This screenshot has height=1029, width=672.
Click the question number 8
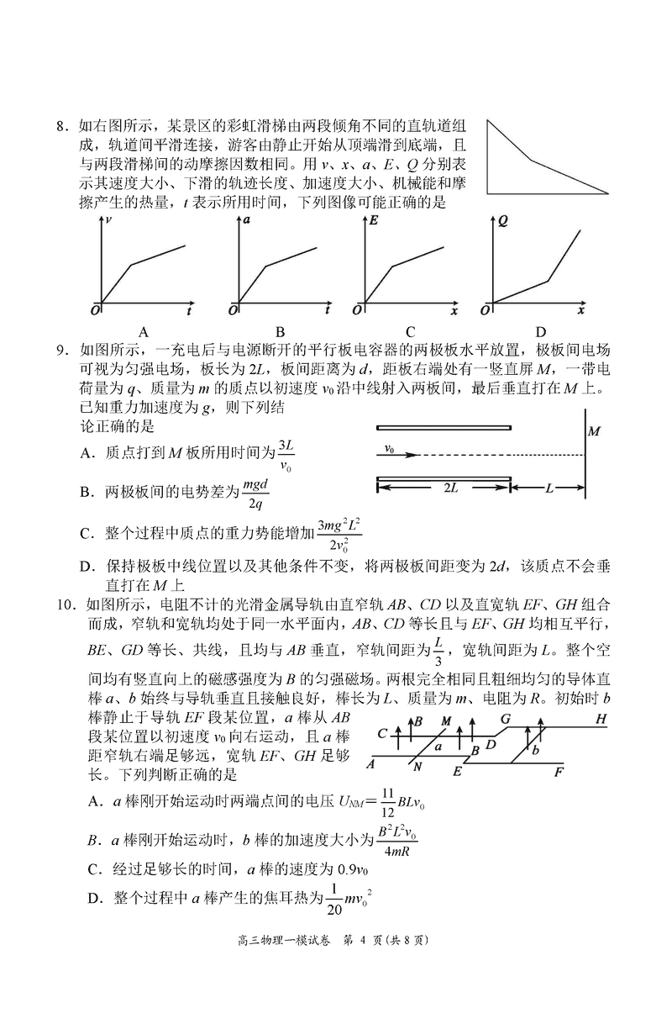coord(61,127)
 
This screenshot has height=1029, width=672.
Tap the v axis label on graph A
coord(111,219)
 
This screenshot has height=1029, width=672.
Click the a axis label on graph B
coord(247,219)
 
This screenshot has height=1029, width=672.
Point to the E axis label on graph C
coord(374,219)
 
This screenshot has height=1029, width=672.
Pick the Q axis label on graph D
coord(502,220)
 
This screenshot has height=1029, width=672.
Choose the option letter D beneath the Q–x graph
coord(540,330)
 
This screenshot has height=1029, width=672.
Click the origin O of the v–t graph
coord(95,310)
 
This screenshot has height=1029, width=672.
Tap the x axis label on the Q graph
coord(580,311)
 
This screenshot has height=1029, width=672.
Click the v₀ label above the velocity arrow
coord(390,449)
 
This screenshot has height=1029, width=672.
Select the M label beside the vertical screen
coord(595,431)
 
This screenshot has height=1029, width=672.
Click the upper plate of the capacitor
coord(444,427)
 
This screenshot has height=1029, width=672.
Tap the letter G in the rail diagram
coord(505,719)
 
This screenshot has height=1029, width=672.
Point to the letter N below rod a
coord(417,768)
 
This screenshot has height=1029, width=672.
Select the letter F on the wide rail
coord(559,770)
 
